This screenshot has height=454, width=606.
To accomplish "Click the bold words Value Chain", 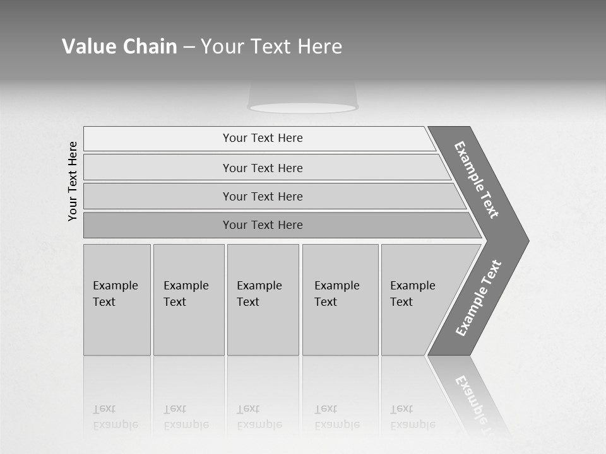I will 119,47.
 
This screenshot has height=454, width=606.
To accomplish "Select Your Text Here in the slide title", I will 271,47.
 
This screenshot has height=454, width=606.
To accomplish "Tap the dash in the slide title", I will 189,47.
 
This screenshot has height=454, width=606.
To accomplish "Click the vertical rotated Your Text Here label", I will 73,181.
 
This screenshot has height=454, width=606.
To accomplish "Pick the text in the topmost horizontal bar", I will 263,138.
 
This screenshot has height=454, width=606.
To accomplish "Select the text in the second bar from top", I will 263,168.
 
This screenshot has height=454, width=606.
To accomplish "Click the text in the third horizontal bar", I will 263,196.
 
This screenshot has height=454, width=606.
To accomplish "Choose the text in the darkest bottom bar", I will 263,225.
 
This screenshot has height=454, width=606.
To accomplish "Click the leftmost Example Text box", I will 116,294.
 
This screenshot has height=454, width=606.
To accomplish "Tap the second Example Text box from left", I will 187,294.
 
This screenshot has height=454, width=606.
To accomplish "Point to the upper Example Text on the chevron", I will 477,180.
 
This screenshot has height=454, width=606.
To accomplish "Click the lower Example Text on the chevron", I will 478,298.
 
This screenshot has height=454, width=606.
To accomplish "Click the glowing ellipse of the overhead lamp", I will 303,108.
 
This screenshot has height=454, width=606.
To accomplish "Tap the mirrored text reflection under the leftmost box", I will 116,417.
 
